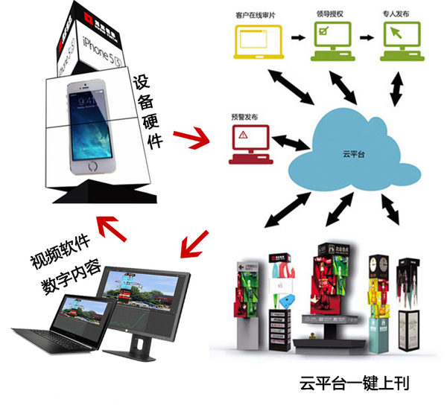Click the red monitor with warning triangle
(247, 141)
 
